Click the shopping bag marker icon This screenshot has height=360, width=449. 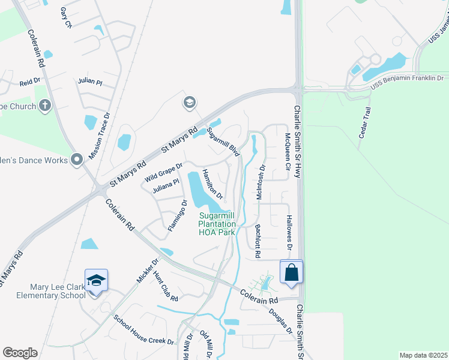(291, 272)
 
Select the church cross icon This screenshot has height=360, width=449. (44, 106)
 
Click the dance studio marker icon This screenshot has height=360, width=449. (77, 160)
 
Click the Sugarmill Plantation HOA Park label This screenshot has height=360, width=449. (217, 223)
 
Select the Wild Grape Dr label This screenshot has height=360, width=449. (163, 173)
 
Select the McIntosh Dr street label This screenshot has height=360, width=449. (261, 183)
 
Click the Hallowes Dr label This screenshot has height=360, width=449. (289, 233)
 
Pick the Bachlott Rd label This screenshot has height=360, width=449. (258, 241)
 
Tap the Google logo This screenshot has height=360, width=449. (20, 353)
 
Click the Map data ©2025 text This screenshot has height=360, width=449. (424, 355)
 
